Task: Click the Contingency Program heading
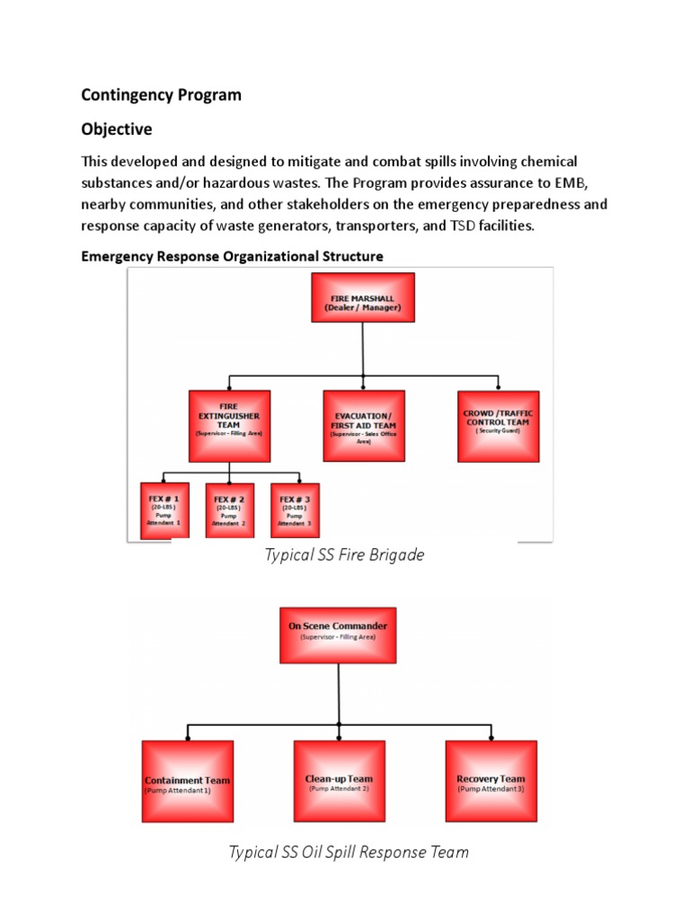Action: pyautogui.click(x=162, y=94)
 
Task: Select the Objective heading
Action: pyautogui.click(x=117, y=129)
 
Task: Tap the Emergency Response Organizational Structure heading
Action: pyautogui.click(x=232, y=256)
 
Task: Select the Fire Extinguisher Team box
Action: pyautogui.click(x=229, y=426)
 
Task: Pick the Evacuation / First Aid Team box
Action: pyautogui.click(x=363, y=426)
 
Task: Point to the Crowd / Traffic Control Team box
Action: pyautogui.click(x=498, y=426)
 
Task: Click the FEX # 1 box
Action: pyautogui.click(x=165, y=509)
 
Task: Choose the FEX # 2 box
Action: pyautogui.click(x=230, y=509)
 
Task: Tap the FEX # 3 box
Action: pyautogui.click(x=295, y=509)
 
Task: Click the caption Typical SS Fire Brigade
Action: pyautogui.click(x=344, y=555)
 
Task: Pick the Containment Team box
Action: pyautogui.click(x=188, y=781)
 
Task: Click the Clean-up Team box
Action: pyautogui.click(x=340, y=781)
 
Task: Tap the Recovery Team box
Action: pyautogui.click(x=491, y=781)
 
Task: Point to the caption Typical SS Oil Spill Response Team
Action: pyautogui.click(x=349, y=852)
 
